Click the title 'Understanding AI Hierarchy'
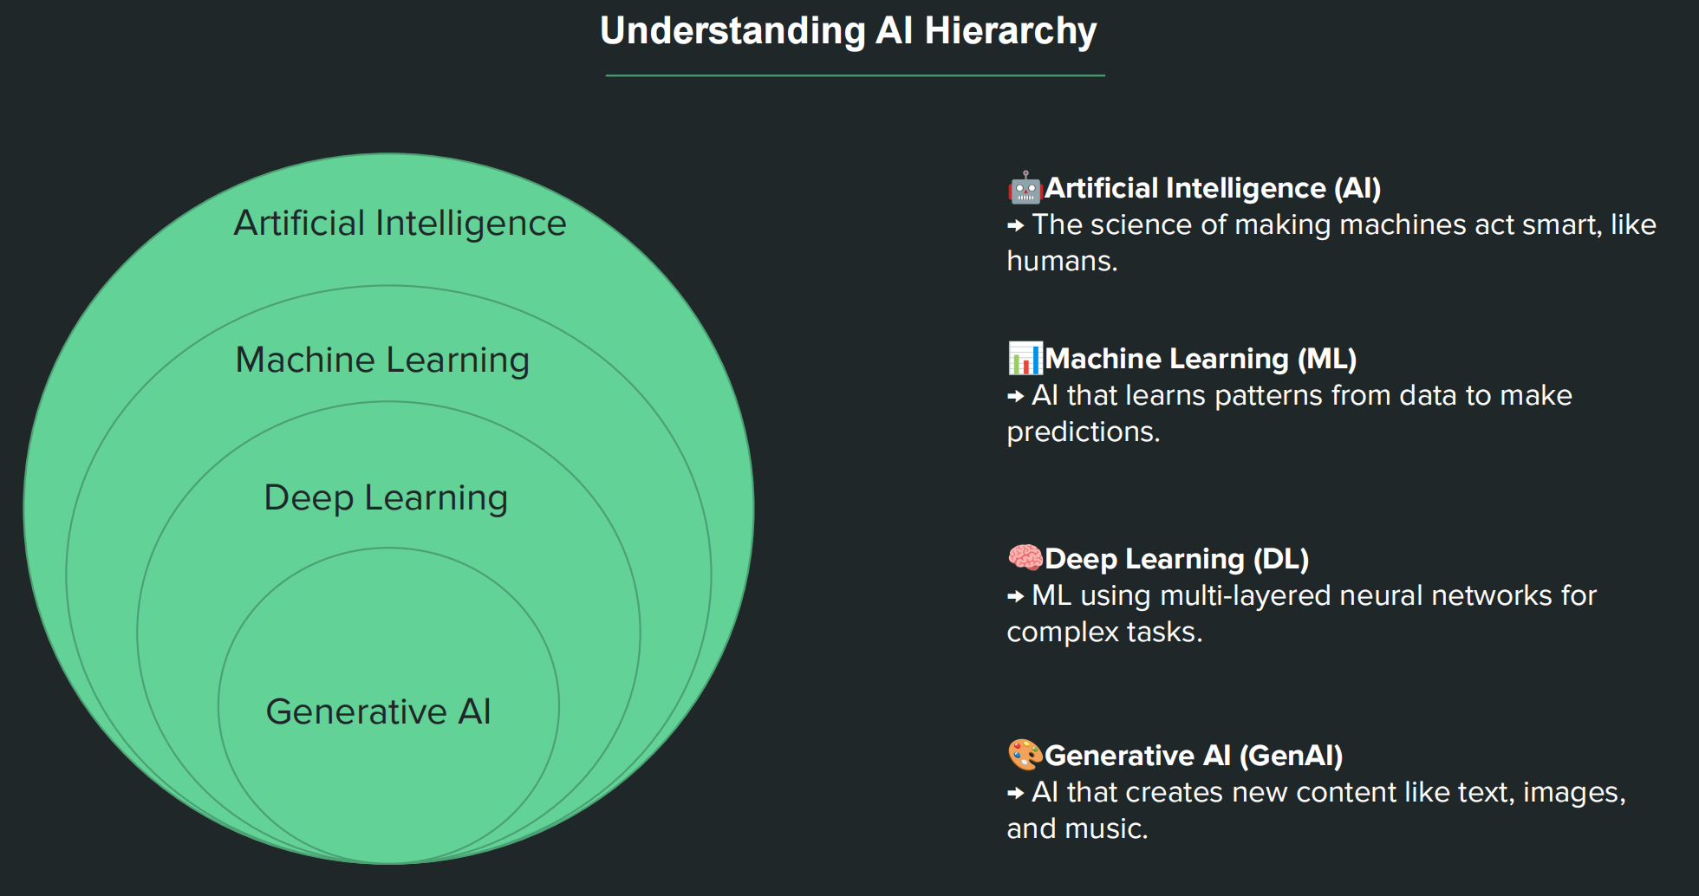[848, 31]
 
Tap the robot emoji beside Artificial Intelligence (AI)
[1025, 187]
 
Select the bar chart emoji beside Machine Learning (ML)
[1025, 358]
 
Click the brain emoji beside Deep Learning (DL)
[1025, 558]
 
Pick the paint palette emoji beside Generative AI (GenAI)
[1025, 755]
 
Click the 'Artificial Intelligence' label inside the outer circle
[400, 224]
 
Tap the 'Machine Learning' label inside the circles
[382, 360]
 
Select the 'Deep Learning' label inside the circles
[386, 498]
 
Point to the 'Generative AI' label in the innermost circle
[378, 712]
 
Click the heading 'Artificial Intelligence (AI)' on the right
[1212, 188]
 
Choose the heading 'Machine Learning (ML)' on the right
[1200, 359]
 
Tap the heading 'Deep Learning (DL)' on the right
[1176, 559]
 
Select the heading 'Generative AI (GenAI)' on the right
[1193, 756]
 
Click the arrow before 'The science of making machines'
[1016, 226]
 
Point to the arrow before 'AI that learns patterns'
[1016, 397]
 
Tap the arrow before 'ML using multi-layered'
[1016, 597]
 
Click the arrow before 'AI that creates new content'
[1016, 794]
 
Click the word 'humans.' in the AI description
[1062, 261]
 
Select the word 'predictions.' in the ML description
[1083, 432]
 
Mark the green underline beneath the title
[855, 76]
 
